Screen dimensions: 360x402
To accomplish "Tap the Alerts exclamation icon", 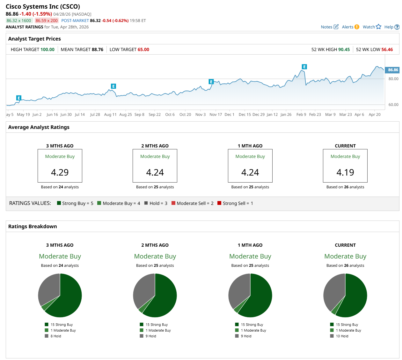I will tap(357, 27).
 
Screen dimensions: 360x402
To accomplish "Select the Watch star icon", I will tap(378, 26).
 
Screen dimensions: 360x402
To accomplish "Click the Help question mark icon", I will tap(397, 27).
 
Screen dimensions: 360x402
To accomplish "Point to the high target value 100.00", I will tap(47, 49).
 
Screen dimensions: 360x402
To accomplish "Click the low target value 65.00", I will tap(143, 49).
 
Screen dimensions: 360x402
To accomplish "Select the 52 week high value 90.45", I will tap(344, 49).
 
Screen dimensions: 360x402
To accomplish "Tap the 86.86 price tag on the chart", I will tap(392, 70).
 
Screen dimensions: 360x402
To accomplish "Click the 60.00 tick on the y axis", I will tap(393, 105).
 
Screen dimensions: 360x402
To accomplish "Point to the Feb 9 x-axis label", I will tap(301, 115).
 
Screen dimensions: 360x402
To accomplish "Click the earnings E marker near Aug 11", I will tap(113, 86).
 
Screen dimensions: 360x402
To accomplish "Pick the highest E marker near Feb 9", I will tap(304, 67).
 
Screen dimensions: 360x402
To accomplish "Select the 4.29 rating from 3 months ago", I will tap(60, 172).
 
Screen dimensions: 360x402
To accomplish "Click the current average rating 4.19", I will tap(345, 172).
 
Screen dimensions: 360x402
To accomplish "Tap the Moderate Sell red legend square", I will tap(173, 203).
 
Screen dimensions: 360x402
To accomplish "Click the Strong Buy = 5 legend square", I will tap(59, 203).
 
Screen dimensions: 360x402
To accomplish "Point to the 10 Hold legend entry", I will tap(342, 336).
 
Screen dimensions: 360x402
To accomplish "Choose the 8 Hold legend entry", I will tap(55, 336).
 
